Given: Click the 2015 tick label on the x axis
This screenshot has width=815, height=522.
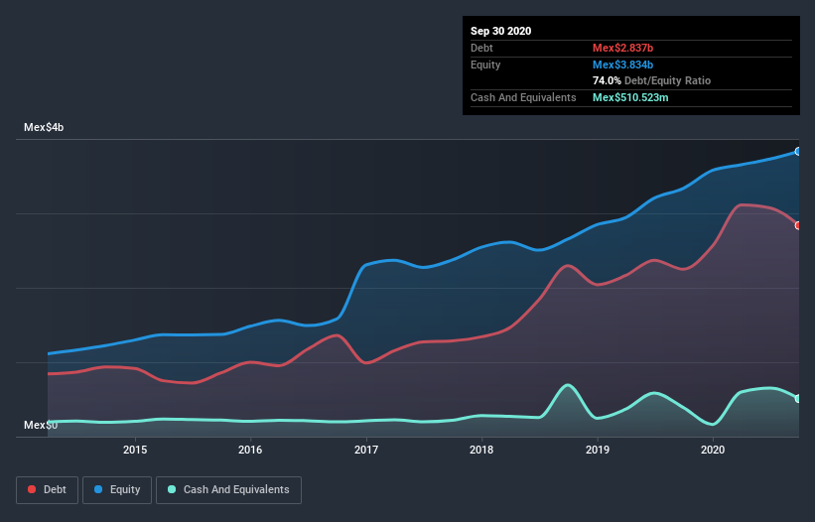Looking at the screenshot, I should (x=135, y=450).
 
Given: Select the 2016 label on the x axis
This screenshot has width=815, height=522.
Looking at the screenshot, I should (x=250, y=450).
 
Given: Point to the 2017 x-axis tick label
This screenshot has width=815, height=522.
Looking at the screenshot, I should (x=366, y=450).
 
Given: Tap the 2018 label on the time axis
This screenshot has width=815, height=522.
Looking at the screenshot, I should (x=481, y=450).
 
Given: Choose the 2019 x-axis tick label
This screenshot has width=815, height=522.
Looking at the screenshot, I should (x=598, y=450).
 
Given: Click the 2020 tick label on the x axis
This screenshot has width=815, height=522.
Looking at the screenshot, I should (x=713, y=450).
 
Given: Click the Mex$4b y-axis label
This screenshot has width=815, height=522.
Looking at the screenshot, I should (x=45, y=128).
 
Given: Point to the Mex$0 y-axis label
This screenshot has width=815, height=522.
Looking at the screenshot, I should (x=41, y=425).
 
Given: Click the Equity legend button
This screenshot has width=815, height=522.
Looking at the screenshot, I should (x=117, y=489).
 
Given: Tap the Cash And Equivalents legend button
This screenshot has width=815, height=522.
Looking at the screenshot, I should (x=228, y=489).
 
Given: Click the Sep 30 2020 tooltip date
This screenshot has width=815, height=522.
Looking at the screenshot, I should (x=500, y=31).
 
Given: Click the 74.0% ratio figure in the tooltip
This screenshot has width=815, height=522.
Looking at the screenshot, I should (x=607, y=80).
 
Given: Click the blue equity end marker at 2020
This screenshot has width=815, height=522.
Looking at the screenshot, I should (x=797, y=152).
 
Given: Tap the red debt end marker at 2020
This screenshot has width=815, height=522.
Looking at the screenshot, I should (x=797, y=225).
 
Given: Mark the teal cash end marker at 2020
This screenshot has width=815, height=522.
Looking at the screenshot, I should (x=797, y=398).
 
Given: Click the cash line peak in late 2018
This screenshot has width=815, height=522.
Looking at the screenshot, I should (x=567, y=385).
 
